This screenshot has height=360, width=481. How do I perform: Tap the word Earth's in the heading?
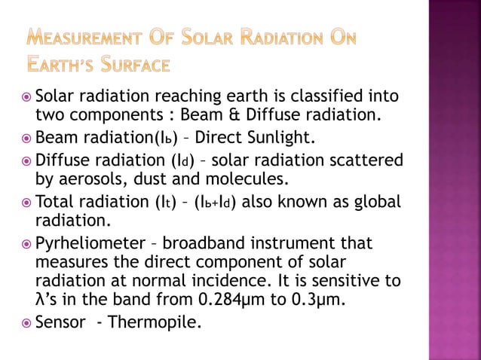[65, 66]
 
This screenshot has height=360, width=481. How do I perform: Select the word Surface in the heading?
[139, 66]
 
